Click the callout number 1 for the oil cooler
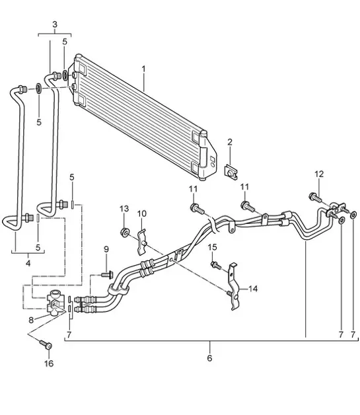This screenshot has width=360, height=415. (x=144, y=69)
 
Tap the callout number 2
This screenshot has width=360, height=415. (x=230, y=142)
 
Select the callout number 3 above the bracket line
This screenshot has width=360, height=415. (x=55, y=24)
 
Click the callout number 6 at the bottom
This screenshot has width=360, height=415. (x=209, y=358)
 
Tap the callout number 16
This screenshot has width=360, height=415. (x=48, y=363)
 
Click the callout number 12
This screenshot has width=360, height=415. (x=319, y=174)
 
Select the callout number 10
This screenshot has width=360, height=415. (x=142, y=213)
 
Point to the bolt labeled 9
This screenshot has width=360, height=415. (x=108, y=274)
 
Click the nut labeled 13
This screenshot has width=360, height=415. (x=124, y=232)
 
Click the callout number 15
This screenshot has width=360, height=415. (x=213, y=248)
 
